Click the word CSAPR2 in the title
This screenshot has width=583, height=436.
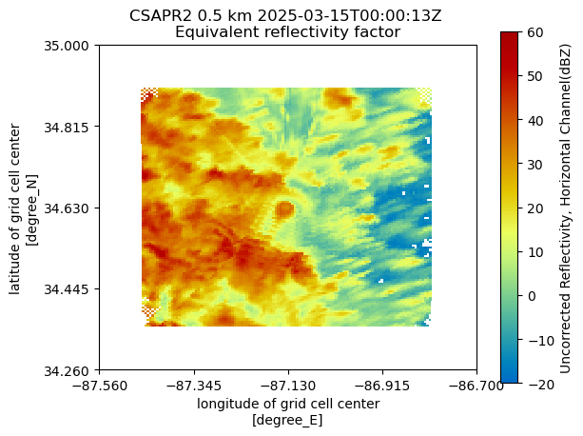[157, 16]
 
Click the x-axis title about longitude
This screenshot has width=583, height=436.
[288, 404]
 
